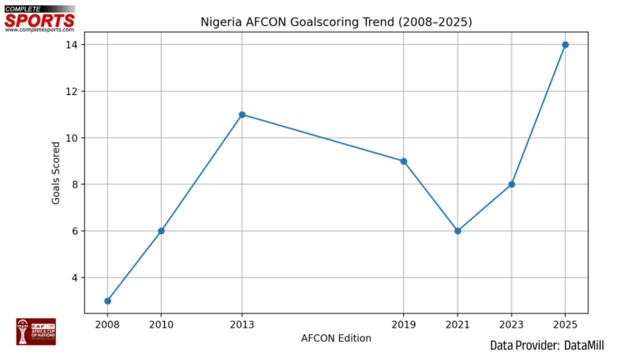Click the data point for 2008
coord(107,301)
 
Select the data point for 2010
coord(161,231)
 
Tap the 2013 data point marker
coord(242,114)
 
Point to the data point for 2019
coord(403,161)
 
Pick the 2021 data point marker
coord(457,231)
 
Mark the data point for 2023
coord(512,184)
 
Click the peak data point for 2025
coord(565,44)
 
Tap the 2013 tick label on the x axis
coord(242,324)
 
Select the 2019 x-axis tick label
coord(403,324)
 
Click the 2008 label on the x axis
coord(107,324)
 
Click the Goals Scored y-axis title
coord(57,172)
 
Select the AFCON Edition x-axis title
coord(337,338)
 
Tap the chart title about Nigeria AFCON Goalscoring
coord(337,22)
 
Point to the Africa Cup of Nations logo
coord(35,331)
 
